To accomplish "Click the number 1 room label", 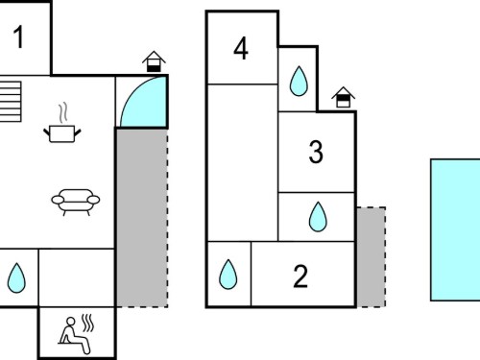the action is [x=18, y=37].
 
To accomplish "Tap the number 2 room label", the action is [x=300, y=276].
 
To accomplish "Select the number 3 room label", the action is [x=316, y=152].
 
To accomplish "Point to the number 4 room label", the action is [x=241, y=48].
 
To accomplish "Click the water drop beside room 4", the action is [x=299, y=82].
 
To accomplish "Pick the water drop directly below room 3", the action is [x=318, y=217].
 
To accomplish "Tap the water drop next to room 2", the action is [x=228, y=275].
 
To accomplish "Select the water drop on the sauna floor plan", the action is [x=16, y=277].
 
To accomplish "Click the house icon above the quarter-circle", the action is [x=154, y=61].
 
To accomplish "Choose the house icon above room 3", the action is [x=343, y=97].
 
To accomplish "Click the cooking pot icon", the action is [x=62, y=133].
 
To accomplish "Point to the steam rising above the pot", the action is [x=63, y=112].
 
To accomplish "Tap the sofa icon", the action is [x=76, y=203].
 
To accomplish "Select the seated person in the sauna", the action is [x=74, y=335].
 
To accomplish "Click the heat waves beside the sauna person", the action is [x=87, y=323].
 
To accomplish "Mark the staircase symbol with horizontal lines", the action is [x=11, y=102].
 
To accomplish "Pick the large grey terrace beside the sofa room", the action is [x=142, y=218].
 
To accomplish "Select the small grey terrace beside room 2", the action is [x=372, y=257].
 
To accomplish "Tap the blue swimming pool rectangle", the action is [x=455, y=229].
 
